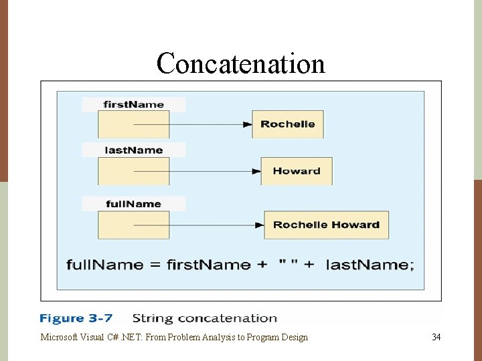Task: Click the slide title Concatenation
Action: [240, 64]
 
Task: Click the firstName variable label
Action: [133, 104]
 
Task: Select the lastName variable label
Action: [133, 150]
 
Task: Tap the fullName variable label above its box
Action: [133, 203]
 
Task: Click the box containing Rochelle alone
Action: [287, 124]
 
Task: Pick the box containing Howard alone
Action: [296, 171]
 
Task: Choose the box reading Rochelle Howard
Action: [326, 225]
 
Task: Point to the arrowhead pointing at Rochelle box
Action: [247, 124]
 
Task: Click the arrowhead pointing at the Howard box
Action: [256, 171]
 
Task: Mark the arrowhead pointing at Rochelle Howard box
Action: [259, 225]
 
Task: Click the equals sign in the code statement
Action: [155, 265]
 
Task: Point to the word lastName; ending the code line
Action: [370, 265]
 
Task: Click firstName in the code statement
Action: [208, 265]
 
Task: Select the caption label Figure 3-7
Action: [76, 319]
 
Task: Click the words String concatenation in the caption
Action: [204, 319]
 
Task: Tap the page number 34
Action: [436, 337]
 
